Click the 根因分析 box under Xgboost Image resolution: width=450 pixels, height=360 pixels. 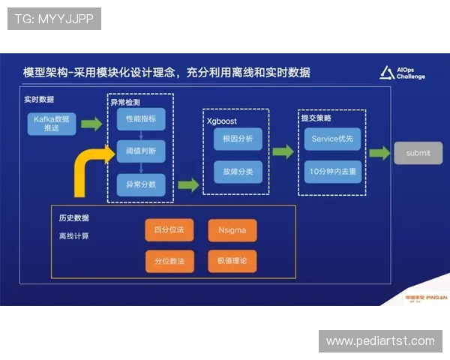238,139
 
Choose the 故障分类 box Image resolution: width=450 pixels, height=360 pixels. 238,170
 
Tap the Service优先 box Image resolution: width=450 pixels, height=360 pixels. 332,139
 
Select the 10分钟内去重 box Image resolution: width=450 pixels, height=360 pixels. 332,170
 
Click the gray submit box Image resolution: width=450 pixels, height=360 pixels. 418,153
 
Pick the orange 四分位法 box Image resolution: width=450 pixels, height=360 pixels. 163,230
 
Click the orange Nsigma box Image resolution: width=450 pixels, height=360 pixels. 232,230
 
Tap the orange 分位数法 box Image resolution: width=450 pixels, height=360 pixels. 163,260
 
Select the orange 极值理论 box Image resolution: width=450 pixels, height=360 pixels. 232,260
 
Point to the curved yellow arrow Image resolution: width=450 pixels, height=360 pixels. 90,169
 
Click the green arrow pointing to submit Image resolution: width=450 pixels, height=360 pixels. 381,152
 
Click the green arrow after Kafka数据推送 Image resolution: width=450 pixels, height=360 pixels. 91,123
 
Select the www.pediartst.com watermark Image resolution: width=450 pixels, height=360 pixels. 380,341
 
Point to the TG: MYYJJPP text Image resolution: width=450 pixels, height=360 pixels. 54,19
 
